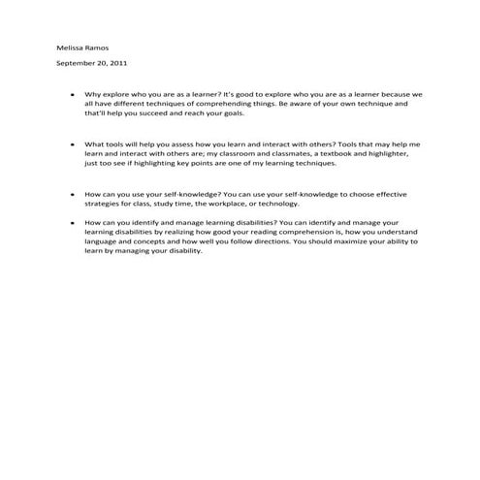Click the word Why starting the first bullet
tap(93, 94)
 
